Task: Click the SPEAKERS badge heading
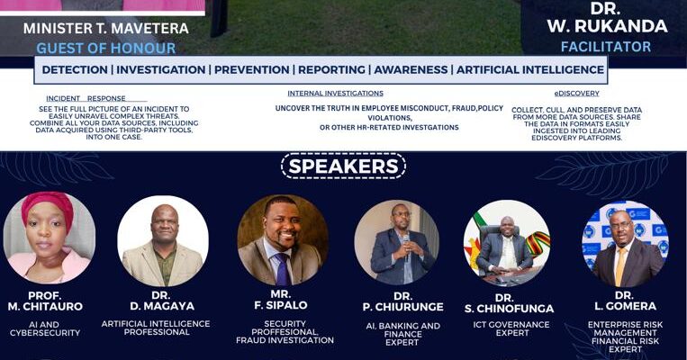coord(344,166)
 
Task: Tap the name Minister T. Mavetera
coord(106,29)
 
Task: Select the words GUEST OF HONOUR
coord(106,48)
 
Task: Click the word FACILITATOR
coord(606,47)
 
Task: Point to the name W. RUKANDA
coord(607,26)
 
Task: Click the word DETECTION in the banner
coord(75,69)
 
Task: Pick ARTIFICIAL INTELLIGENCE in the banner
coord(530,69)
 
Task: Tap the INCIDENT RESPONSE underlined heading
coord(86,98)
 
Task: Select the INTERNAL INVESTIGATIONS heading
coord(335,94)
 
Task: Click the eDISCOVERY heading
coord(576,94)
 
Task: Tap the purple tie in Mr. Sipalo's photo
coord(282,269)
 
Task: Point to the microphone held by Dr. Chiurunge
coord(406,246)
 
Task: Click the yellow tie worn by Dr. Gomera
coord(620,266)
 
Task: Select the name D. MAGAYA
coord(162,306)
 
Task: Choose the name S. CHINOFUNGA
coord(509,309)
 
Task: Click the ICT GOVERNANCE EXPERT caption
coord(511,328)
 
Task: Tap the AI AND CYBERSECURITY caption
coord(45,328)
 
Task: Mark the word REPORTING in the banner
coord(331,69)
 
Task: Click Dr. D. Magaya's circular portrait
coord(163,241)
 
